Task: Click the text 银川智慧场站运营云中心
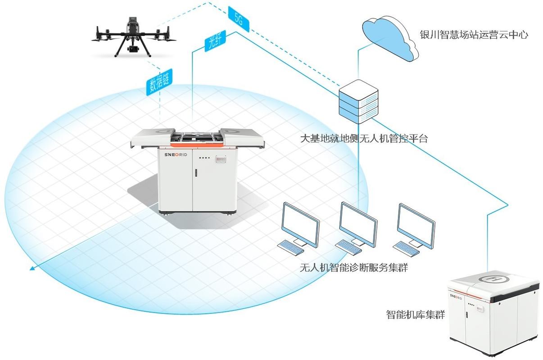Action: pos(474,35)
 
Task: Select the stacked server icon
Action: pos(358,102)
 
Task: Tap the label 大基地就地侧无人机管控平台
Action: pos(364,138)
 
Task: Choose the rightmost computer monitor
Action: pos(416,224)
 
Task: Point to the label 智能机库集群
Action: pos(415,314)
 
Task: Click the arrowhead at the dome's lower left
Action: pos(32,269)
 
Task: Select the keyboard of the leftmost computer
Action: pos(291,247)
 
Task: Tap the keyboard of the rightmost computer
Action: pos(407,247)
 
